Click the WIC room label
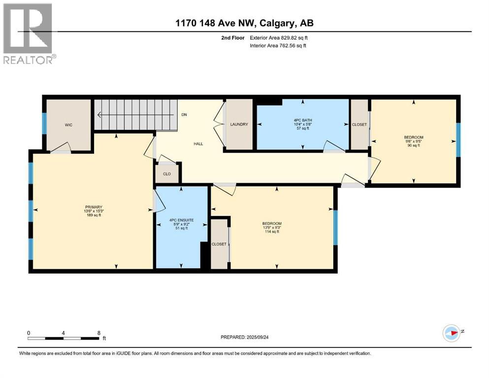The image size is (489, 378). tap(68, 125)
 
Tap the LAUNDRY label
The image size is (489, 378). tap(239, 125)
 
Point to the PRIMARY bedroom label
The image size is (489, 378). tap(93, 207)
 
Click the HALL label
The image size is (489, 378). tap(198, 144)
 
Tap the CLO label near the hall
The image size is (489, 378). tap(167, 174)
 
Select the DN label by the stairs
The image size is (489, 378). tap(184, 115)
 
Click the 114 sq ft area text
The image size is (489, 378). tap(272, 232)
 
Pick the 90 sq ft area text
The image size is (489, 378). tap(414, 146)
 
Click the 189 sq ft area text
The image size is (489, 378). tap(93, 216)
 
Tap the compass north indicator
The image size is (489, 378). tap(451, 332)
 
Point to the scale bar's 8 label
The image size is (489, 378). tap(98, 333)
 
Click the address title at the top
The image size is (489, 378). tap(244, 23)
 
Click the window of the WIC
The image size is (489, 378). tap(44, 124)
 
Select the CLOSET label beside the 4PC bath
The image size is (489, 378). tap(359, 125)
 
